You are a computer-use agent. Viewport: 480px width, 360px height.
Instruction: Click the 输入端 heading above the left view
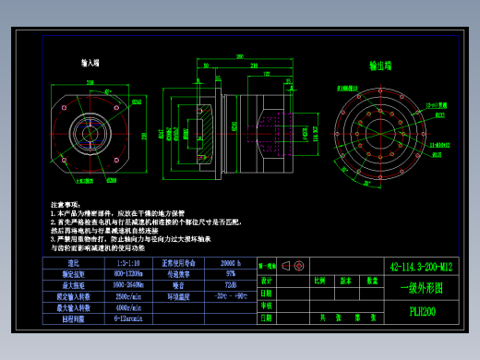pyautogui.click(x=90, y=64)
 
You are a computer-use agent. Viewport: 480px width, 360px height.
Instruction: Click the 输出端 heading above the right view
pyautogui.click(x=381, y=66)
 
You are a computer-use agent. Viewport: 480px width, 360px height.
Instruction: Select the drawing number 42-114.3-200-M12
pyautogui.click(x=422, y=267)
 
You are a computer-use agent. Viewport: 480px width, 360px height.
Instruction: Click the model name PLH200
pyautogui.click(x=422, y=311)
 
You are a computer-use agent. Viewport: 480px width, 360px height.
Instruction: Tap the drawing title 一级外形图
pyautogui.click(x=422, y=288)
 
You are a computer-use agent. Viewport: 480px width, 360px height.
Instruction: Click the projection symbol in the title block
pyautogui.click(x=296, y=266)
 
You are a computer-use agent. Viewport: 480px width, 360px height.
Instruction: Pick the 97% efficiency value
pyautogui.click(x=230, y=274)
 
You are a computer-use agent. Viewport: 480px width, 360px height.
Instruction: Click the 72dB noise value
pyautogui.click(x=230, y=285)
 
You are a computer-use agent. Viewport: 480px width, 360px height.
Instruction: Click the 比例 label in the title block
pyautogui.click(x=320, y=280)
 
